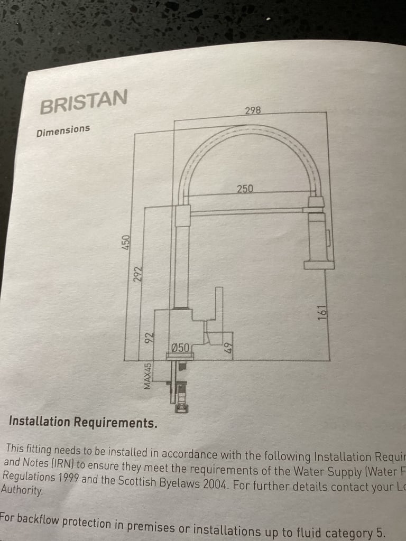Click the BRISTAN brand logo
(84, 102)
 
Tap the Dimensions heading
(63, 130)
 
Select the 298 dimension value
(253, 110)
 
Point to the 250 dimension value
(245, 188)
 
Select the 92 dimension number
(150, 337)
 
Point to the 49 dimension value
(228, 348)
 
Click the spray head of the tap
(319, 238)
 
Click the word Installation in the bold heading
(39, 422)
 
